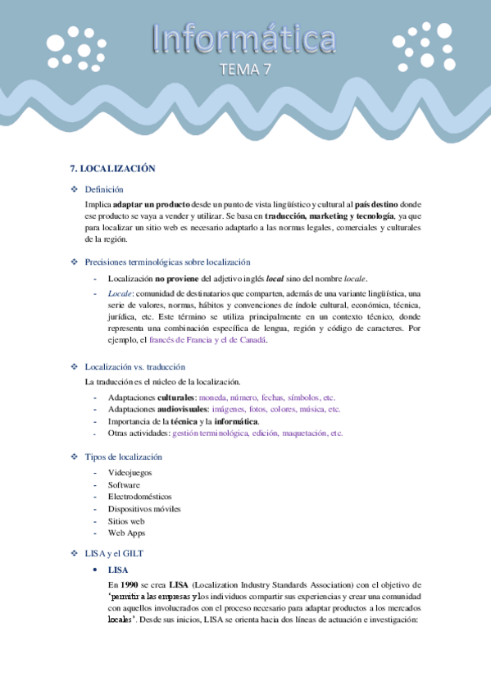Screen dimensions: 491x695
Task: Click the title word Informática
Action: (245, 39)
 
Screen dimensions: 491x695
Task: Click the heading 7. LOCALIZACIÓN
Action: (112, 168)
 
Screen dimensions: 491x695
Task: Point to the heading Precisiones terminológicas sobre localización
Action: (167, 262)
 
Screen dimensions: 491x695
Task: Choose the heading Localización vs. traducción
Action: (134, 366)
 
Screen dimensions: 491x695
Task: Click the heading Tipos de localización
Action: (123, 457)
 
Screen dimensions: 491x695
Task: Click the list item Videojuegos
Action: (130, 473)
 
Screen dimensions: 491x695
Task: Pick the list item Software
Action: (123, 485)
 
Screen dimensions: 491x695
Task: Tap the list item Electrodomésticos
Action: (139, 497)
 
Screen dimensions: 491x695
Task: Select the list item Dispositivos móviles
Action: (144, 509)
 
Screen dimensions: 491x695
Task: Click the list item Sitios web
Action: (126, 520)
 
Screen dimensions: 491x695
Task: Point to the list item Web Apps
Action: (126, 533)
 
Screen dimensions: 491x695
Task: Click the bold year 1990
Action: (127, 585)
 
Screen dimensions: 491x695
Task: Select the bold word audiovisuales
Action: (180, 409)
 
